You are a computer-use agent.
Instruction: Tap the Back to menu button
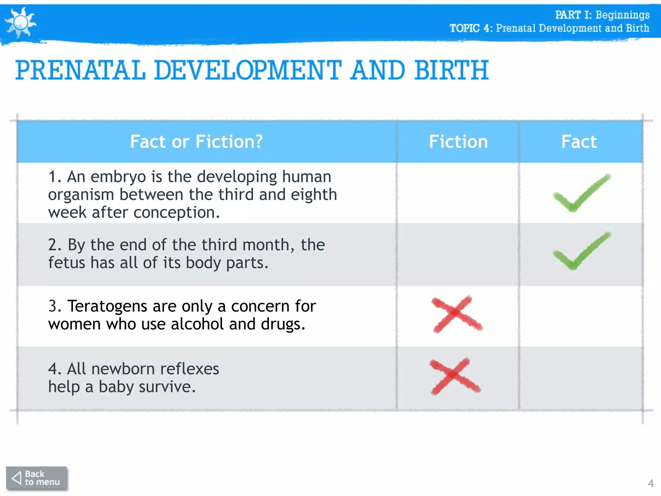point(36,478)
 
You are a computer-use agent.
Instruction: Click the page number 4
point(650,483)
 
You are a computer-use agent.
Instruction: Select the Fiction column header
point(458,142)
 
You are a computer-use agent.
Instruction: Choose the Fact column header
point(579,142)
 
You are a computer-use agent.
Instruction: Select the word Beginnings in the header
point(622,15)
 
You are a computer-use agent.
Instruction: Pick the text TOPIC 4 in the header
point(470,28)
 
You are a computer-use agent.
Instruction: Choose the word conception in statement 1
point(176,213)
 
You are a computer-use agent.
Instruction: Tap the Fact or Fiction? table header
point(196,142)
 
